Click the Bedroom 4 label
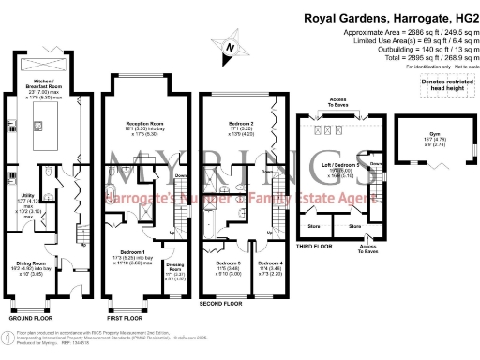269,266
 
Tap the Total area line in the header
413,59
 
